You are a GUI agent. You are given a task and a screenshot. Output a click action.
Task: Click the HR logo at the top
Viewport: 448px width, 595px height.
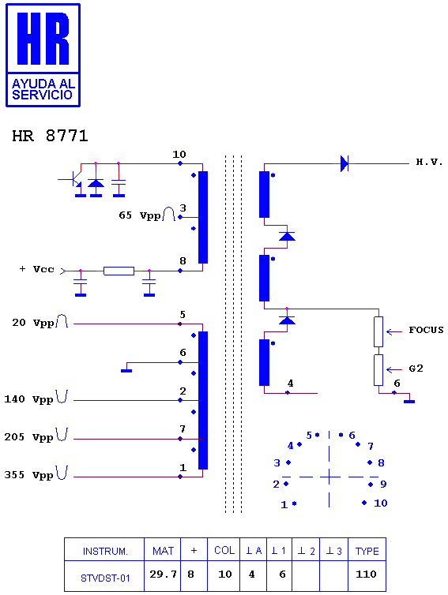point(43,55)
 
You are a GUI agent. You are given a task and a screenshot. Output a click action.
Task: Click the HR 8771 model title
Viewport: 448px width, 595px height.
point(50,136)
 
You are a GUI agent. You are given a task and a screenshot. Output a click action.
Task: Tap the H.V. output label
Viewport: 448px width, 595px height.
point(429,162)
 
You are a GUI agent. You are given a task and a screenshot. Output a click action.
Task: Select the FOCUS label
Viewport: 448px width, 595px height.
point(426,330)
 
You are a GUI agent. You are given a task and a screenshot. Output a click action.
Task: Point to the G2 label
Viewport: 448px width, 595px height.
point(416,368)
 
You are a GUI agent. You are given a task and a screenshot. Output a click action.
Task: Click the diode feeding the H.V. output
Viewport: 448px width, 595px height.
point(344,163)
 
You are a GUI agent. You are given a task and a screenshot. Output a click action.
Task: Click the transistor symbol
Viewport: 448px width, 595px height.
point(74,179)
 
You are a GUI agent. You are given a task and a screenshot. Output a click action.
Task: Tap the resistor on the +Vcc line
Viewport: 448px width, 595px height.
point(119,271)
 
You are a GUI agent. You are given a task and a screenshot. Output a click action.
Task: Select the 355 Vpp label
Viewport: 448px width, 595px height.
point(28,475)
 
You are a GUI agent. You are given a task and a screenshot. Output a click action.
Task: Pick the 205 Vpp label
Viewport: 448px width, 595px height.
point(28,437)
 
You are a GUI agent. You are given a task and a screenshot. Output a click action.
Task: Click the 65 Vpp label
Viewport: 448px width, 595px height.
point(139,215)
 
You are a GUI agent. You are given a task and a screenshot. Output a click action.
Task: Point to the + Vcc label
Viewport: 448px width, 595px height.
point(37,269)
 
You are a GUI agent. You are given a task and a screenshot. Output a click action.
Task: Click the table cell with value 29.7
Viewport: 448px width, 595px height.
point(163,575)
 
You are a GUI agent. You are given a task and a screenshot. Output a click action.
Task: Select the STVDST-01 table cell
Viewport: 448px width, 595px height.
point(104,575)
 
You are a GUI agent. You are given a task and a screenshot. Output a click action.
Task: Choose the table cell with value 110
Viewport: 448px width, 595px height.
point(367,575)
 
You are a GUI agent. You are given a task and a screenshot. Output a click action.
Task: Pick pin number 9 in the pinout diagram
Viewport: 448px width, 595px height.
point(383,485)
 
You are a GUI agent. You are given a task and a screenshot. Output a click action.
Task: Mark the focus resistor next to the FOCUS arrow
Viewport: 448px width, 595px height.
point(378,331)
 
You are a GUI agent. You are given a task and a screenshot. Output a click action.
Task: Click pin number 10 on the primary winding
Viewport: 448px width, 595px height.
point(179,155)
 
